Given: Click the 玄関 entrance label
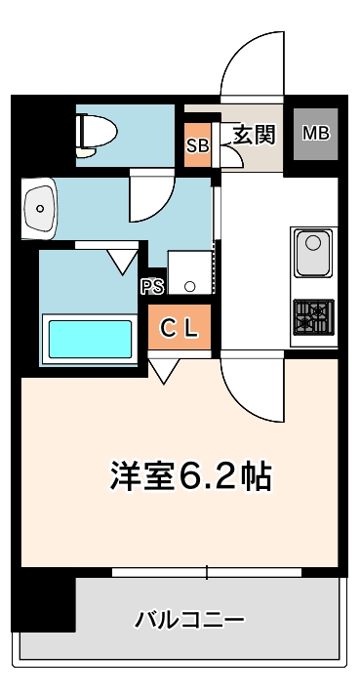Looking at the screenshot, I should click(254, 135).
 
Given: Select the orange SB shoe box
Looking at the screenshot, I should click(196, 146).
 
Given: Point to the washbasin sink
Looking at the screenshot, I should click(40, 206).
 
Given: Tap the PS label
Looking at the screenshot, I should click(151, 286).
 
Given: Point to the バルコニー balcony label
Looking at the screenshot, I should click(189, 619).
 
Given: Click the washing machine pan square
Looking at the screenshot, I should click(188, 272).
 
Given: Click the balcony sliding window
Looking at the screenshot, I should click(207, 571).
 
